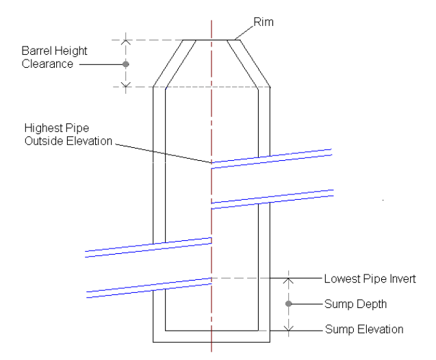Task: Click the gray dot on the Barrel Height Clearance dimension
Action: [125, 64]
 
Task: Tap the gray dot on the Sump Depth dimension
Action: [288, 303]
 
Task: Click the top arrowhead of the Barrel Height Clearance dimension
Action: [125, 41]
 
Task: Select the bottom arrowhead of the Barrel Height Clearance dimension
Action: [125, 84]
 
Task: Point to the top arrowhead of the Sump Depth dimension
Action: [288, 280]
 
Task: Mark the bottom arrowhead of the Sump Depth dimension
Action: [288, 327]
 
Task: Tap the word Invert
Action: [396, 279]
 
